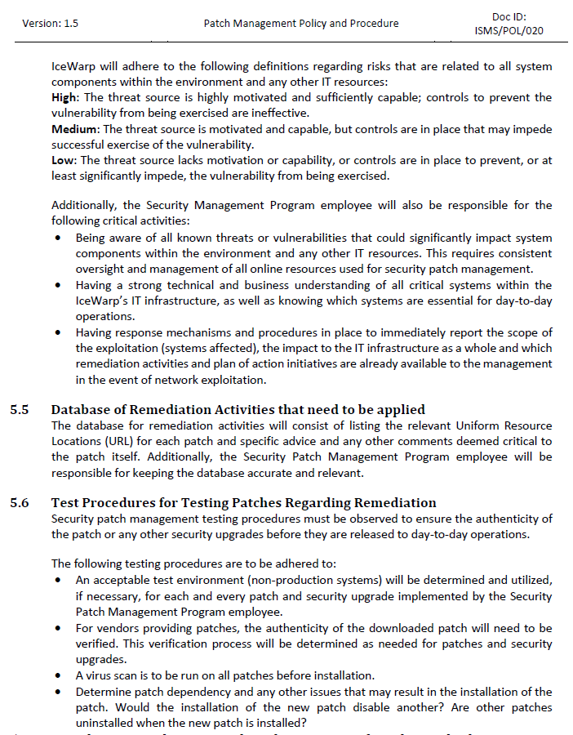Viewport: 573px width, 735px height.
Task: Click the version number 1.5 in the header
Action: tap(70, 24)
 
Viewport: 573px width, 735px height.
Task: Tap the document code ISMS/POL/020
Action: tap(509, 31)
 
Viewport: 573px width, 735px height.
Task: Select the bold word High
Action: tap(64, 98)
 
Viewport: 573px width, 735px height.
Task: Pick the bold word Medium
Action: tap(73, 129)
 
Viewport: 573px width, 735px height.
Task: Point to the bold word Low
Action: tap(63, 160)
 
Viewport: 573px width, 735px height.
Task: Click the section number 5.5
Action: tap(20, 410)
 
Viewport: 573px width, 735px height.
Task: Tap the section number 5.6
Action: tap(20, 503)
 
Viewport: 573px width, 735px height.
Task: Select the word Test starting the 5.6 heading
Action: tap(66, 503)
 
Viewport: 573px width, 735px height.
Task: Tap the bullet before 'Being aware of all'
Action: tap(57, 238)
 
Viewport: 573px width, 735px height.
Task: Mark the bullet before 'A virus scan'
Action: tap(57, 675)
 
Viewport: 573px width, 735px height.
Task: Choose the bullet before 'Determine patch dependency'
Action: tap(57, 691)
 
